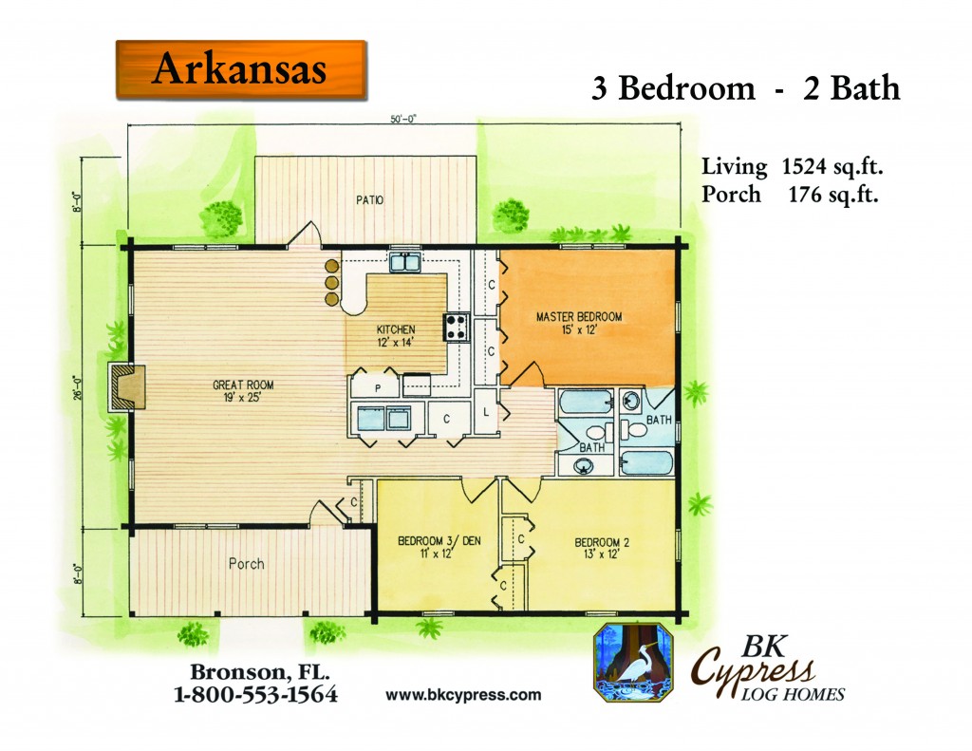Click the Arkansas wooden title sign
pyautogui.click(x=241, y=69)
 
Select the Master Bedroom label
pyautogui.click(x=579, y=323)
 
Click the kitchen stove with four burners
pyautogui.click(x=457, y=328)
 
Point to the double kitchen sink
pyautogui.click(x=405, y=262)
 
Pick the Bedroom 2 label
pyautogui.click(x=601, y=548)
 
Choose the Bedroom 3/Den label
pyautogui.click(x=439, y=547)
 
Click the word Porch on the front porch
pyautogui.click(x=246, y=564)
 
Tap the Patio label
pyautogui.click(x=369, y=200)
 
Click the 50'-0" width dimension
pyautogui.click(x=403, y=119)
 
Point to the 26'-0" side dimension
pyautogui.click(x=78, y=387)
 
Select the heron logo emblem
pyautogui.click(x=633, y=663)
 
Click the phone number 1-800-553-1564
pyautogui.click(x=255, y=694)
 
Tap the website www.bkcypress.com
pyautogui.click(x=463, y=695)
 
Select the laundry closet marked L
pyautogui.click(x=486, y=411)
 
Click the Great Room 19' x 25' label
pyautogui.click(x=243, y=391)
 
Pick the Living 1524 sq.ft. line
pyautogui.click(x=793, y=167)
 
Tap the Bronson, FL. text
pyautogui.click(x=259, y=671)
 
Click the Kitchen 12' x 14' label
pyautogui.click(x=396, y=335)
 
